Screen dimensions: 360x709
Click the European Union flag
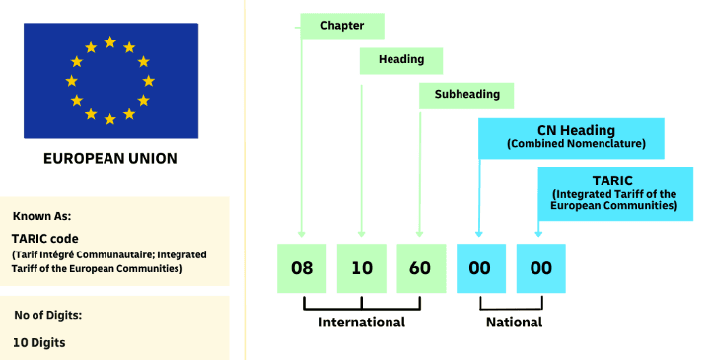[110, 81]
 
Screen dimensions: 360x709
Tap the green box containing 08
[302, 268]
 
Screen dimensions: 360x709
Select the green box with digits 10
[362, 268]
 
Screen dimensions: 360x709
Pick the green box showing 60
[421, 268]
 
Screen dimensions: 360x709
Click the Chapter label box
[341, 26]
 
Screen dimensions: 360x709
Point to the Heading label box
[400, 60]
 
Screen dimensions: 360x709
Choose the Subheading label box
[461, 95]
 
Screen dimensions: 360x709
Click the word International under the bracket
[362, 323]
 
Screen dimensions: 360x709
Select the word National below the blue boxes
[514, 323]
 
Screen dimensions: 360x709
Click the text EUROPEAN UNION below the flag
[110, 158]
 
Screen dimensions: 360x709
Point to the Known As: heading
[41, 215]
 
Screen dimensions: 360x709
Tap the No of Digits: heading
[49, 316]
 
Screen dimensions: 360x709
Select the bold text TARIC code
[44, 238]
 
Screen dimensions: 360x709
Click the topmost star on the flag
[109, 43]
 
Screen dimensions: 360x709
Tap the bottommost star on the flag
[109, 119]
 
